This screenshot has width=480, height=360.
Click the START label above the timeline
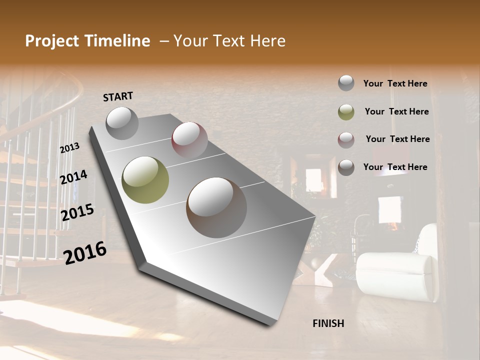(x=118, y=96)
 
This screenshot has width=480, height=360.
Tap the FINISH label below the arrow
(x=328, y=323)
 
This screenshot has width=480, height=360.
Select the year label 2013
(x=69, y=148)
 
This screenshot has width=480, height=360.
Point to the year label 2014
(x=73, y=177)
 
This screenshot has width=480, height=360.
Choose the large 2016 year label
(x=85, y=252)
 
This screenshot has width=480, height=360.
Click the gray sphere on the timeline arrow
(x=122, y=123)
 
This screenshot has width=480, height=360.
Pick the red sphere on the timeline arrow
(x=189, y=140)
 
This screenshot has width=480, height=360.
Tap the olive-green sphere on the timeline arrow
(x=145, y=179)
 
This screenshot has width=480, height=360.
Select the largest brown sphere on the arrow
(x=216, y=207)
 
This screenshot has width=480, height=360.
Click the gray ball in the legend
(x=346, y=83)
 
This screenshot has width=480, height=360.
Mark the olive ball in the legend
(x=346, y=112)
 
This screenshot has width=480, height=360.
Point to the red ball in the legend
(x=346, y=140)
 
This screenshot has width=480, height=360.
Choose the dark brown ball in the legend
(x=346, y=167)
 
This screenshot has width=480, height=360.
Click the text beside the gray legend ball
(x=395, y=83)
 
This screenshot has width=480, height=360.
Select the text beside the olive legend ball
(x=396, y=111)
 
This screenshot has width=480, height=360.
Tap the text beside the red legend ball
(x=397, y=139)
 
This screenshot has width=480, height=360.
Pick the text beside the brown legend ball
(x=395, y=167)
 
